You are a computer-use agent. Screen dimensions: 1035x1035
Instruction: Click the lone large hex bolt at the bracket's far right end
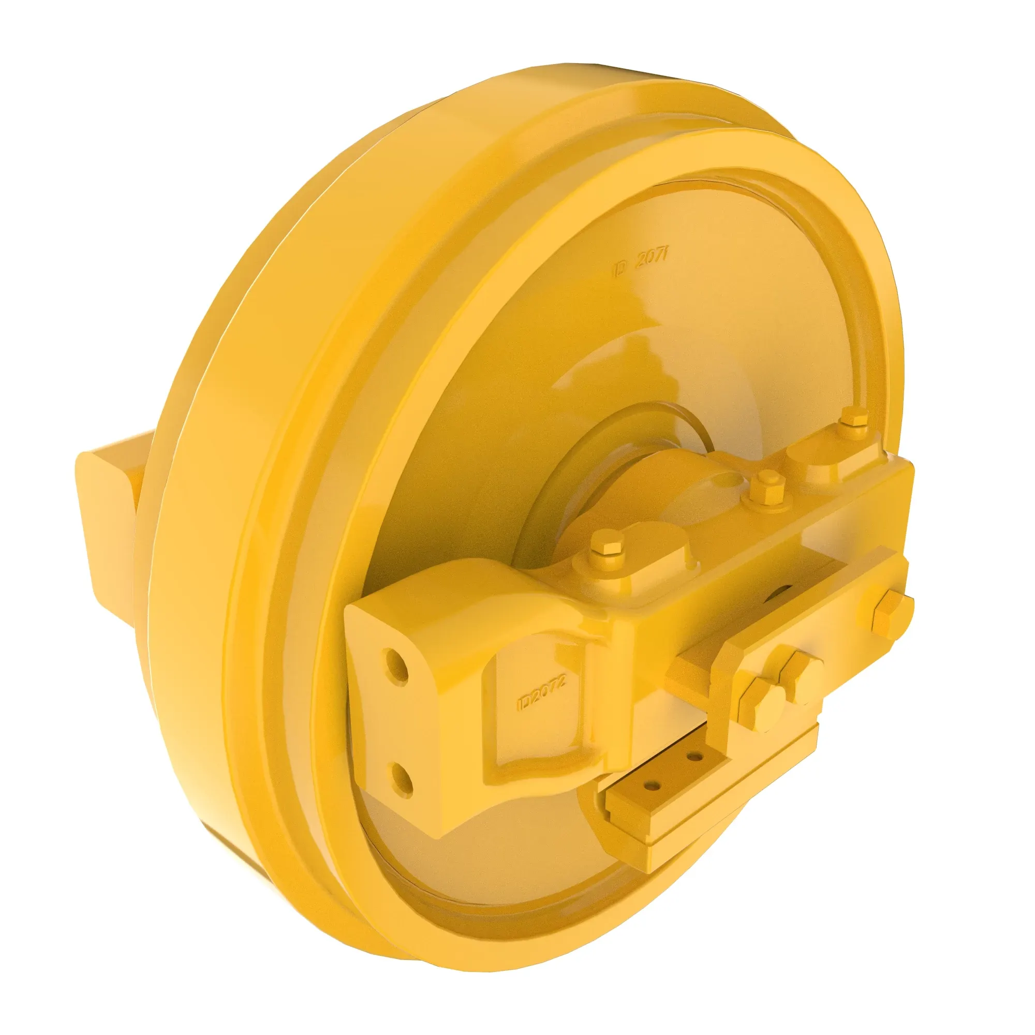click(892, 613)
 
